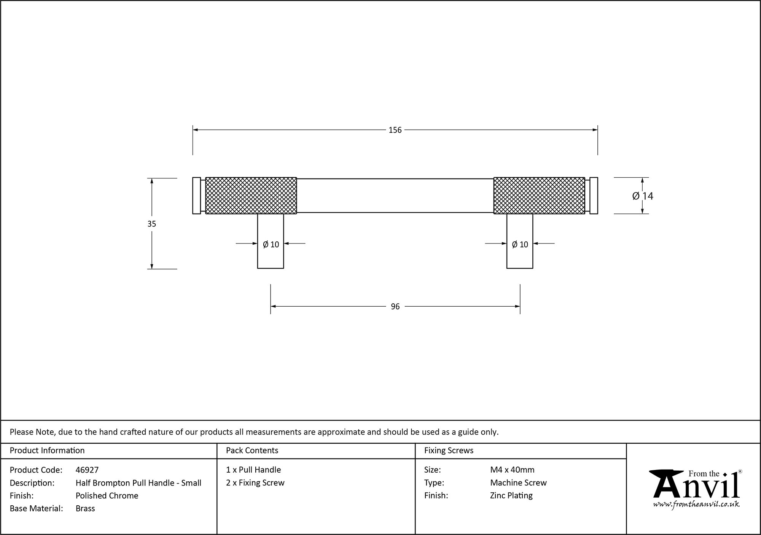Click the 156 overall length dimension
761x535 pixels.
point(395,130)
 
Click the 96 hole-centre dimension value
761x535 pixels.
point(395,307)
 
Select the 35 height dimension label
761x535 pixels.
point(151,224)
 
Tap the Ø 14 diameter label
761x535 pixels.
point(643,196)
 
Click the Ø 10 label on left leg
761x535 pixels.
point(271,245)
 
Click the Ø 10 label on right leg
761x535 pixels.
point(520,245)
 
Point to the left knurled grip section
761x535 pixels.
point(251,196)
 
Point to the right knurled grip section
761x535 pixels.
point(539,196)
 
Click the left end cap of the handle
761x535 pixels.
point(196,196)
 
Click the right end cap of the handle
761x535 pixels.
point(594,196)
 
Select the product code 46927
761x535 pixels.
point(87,470)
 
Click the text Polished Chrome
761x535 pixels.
point(107,495)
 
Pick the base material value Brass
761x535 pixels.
point(85,508)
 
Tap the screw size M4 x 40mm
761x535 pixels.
point(512,470)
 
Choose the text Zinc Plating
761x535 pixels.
point(511,495)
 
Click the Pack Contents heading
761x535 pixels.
point(252,451)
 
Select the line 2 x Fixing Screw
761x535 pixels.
point(255,483)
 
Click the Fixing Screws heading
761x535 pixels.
point(449,451)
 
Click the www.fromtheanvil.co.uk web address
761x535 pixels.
point(696,504)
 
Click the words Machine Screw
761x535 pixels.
point(518,483)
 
